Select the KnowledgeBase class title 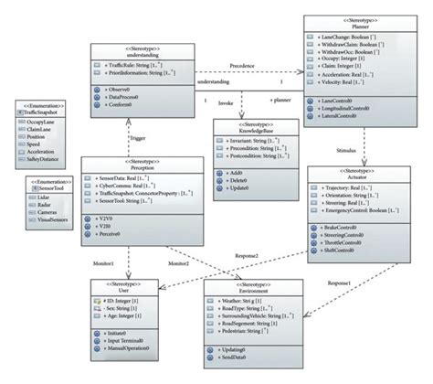[247, 130]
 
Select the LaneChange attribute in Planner [352, 37]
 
